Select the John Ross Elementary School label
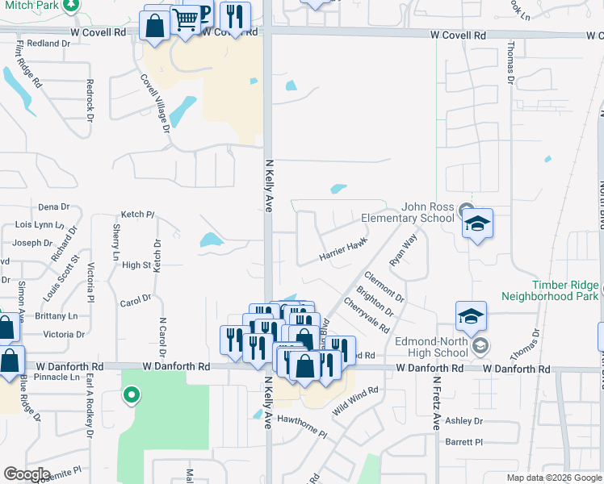tap(407, 212)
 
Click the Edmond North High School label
tap(431, 347)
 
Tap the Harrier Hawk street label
tap(343, 251)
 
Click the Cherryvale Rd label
tap(367, 315)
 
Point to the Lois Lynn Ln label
tap(39, 224)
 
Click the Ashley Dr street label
tap(463, 421)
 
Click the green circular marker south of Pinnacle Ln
tap(130, 395)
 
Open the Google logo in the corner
tap(27, 474)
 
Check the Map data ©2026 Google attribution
tap(553, 478)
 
